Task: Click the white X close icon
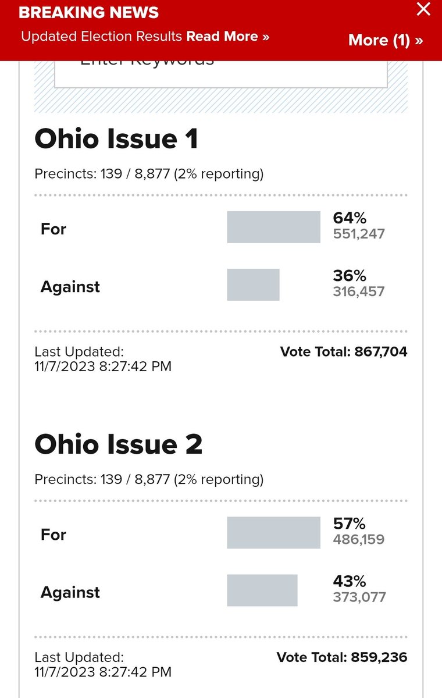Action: coord(424,9)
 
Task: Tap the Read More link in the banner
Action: coord(227,37)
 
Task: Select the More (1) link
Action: coord(385,40)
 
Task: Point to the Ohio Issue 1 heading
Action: coord(116,139)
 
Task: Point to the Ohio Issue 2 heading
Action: coord(119,444)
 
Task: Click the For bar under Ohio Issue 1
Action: coord(273,227)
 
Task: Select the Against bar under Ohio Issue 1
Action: coord(253,284)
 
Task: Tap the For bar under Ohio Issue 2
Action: coord(273,532)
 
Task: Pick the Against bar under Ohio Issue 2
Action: coord(262,590)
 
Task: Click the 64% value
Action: coord(350,218)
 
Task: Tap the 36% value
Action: coord(350,276)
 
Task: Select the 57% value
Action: coord(350,523)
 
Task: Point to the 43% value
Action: coord(350,581)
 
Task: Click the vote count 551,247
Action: coord(359,234)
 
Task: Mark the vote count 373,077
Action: coord(359,597)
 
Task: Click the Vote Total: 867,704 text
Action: coord(344,351)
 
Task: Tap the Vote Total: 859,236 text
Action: coord(342,657)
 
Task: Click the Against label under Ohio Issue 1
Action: coord(70,287)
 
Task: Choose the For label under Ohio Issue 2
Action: coord(54,535)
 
